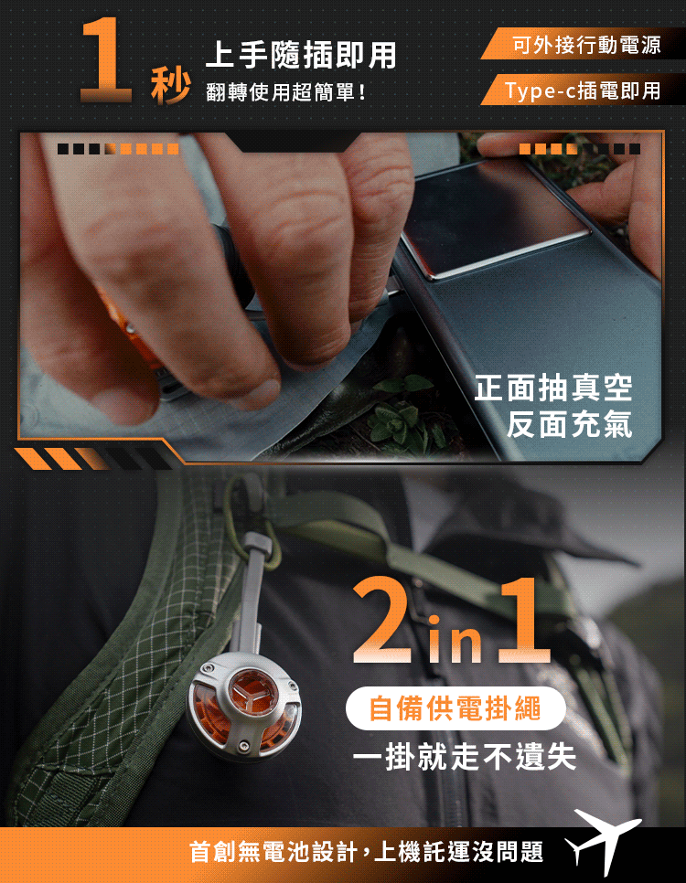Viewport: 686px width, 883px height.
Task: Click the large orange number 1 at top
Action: (105, 61)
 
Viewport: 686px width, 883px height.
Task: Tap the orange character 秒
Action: (170, 86)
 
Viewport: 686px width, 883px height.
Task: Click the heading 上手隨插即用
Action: (301, 56)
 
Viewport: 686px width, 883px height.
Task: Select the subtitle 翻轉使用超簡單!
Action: (285, 91)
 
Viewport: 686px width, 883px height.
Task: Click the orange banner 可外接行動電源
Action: (584, 44)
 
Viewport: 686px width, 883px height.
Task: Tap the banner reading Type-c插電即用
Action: (584, 90)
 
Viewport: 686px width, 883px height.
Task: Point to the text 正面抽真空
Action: (553, 388)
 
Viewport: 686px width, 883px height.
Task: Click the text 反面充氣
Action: (569, 424)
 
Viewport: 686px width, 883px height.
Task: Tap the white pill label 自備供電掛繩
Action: (456, 708)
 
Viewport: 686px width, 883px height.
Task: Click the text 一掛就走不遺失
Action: (465, 756)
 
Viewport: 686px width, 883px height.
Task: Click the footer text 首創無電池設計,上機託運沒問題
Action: (367, 852)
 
